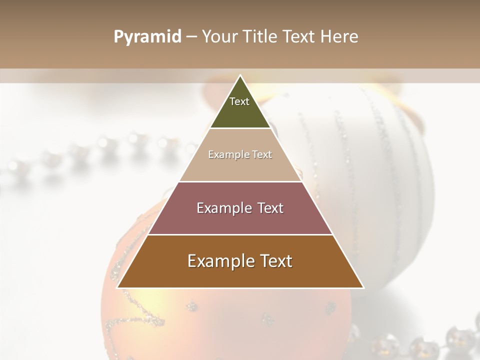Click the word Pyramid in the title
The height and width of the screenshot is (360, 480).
point(147,37)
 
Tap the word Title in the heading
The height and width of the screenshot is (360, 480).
point(259,37)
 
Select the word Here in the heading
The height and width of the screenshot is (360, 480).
point(339,37)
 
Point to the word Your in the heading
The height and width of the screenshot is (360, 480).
point(218,37)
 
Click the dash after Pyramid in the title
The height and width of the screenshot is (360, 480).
point(191,37)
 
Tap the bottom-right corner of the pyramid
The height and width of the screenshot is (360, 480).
point(363,287)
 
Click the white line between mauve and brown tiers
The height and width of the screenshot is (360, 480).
point(240,234)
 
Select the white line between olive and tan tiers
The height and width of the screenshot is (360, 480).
point(240,128)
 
